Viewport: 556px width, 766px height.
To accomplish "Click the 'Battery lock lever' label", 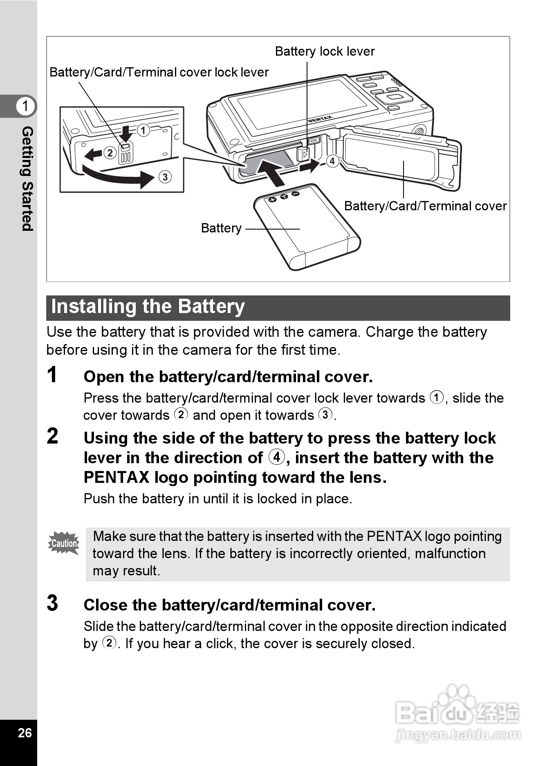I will pyautogui.click(x=325, y=52).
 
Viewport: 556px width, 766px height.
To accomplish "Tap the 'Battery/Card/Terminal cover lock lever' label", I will pyautogui.click(x=159, y=72).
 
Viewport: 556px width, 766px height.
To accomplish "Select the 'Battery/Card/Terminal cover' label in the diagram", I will pyautogui.click(x=425, y=206).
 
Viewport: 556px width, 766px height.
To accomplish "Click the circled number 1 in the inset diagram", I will pyautogui.click(x=143, y=131).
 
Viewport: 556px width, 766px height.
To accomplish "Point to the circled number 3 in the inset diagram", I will pyautogui.click(x=165, y=177).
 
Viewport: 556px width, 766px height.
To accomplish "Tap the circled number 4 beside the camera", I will pyautogui.click(x=332, y=161).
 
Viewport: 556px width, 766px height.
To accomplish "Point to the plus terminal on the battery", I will pyautogui.click(x=272, y=199).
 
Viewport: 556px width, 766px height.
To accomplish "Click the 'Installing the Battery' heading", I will pyautogui.click(x=148, y=307).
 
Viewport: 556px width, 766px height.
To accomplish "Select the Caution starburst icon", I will pyautogui.click(x=64, y=543).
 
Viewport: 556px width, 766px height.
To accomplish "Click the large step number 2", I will pyautogui.click(x=53, y=436).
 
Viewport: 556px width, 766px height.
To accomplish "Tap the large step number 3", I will pyautogui.click(x=53, y=603).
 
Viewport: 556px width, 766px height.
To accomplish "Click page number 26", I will pyautogui.click(x=25, y=733).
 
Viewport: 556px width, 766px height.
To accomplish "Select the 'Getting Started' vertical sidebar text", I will pyautogui.click(x=27, y=178).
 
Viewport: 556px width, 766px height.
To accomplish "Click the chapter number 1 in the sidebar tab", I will pyautogui.click(x=25, y=106).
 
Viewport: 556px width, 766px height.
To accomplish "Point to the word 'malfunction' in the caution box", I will pyautogui.click(x=450, y=554).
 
